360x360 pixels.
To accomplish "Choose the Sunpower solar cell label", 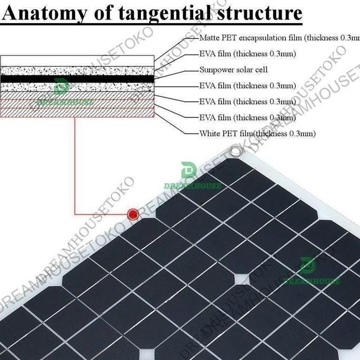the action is tap(234, 69).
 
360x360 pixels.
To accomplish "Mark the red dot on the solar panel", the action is tap(133, 214).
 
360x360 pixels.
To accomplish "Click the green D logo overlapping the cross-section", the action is tap(61, 86).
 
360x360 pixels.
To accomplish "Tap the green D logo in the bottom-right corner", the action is tap(307, 266).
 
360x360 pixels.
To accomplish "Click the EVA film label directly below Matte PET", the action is tap(239, 54).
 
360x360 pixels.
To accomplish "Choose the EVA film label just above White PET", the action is tap(239, 117).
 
